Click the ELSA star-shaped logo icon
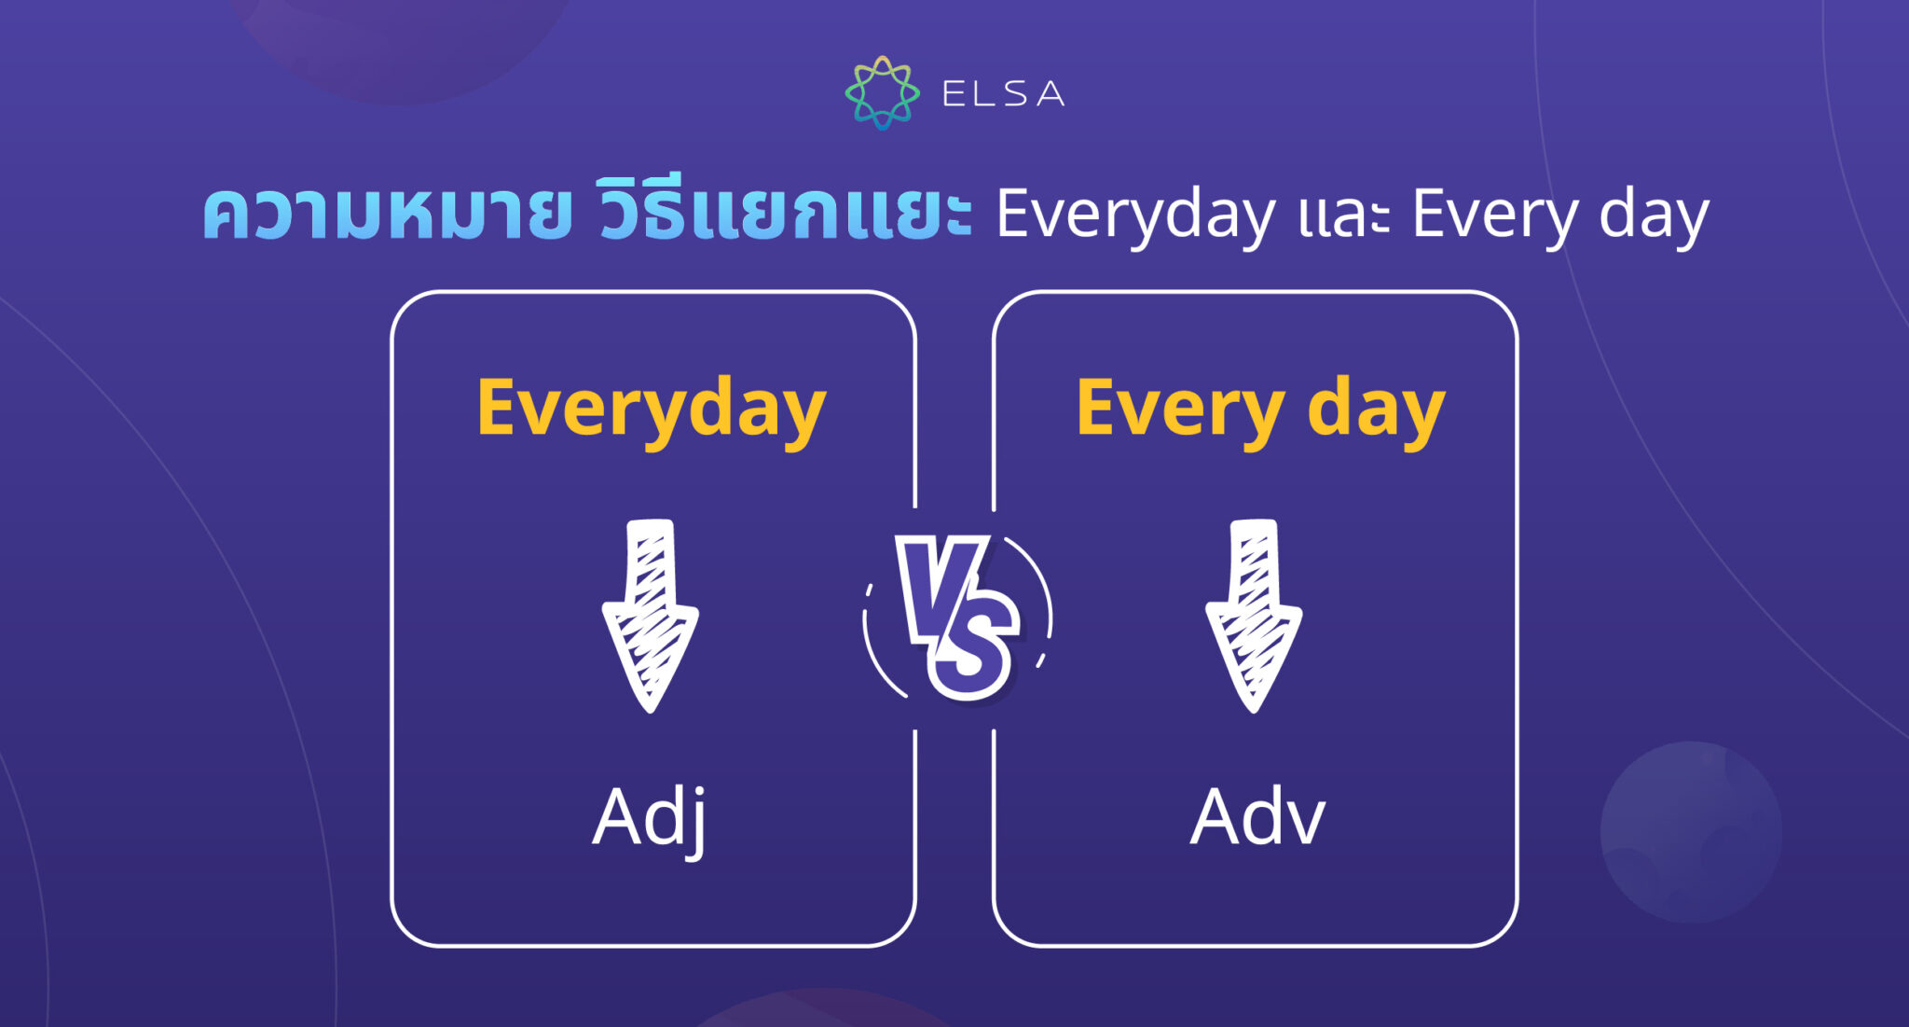[882, 92]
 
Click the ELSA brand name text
[1003, 93]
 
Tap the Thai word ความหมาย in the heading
[387, 215]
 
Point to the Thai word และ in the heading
[1343, 216]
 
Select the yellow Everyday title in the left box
[651, 409]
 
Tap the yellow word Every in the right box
[1180, 409]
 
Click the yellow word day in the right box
[1376, 409]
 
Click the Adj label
[650, 817]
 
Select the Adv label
[1257, 817]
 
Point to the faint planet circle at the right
[1691, 831]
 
